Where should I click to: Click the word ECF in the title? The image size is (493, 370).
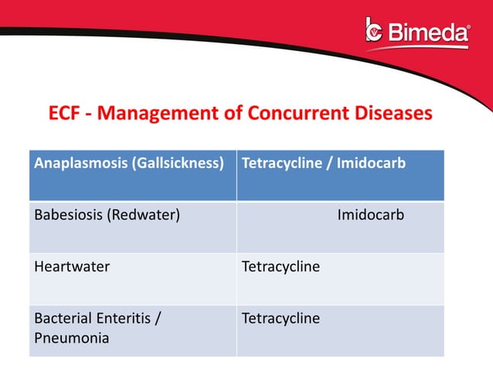[65, 114]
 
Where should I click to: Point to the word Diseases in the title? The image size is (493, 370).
[390, 114]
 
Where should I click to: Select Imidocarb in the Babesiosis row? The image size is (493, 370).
[370, 215]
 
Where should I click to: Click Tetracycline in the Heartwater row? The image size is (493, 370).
[280, 267]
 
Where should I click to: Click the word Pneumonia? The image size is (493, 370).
[72, 338]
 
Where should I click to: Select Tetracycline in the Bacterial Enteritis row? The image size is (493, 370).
[280, 318]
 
